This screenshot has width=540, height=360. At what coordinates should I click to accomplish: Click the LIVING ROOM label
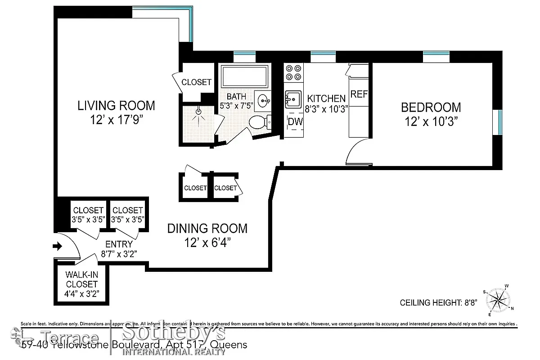116,106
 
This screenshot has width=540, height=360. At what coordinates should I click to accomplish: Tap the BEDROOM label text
431,108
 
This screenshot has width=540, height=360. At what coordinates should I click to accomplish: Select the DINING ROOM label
207,229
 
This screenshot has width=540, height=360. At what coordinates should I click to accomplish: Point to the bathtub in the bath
245,76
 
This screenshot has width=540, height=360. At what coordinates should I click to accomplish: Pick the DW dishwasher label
295,121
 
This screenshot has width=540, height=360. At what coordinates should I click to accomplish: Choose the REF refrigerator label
359,94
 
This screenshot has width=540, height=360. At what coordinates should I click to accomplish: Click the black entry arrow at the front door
58,246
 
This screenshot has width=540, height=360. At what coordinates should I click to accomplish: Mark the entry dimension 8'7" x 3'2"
118,254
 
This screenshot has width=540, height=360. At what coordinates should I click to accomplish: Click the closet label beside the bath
196,82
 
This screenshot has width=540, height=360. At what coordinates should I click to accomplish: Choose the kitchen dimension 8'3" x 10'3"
326,109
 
